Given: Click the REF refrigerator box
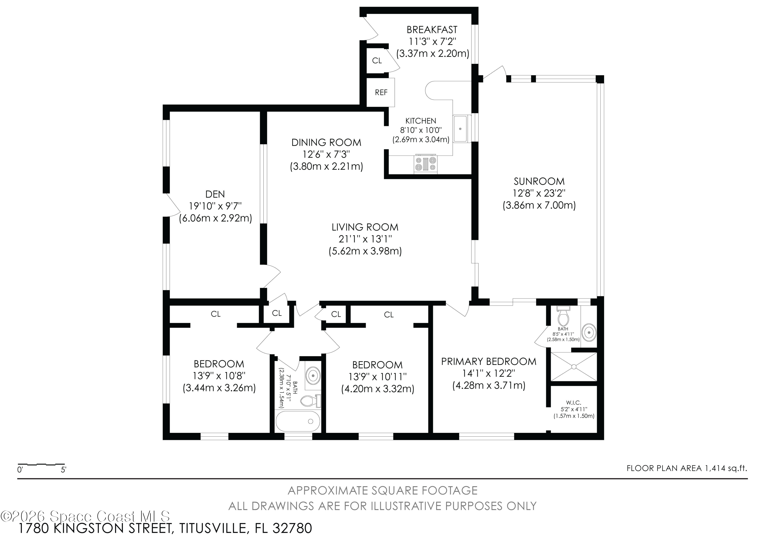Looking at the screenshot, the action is coord(380,92).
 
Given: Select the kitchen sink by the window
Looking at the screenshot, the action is coord(461,129).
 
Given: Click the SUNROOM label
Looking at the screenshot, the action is coord(539,181).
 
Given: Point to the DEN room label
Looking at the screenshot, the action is coord(215,194).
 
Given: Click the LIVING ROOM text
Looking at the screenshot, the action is coord(365,227).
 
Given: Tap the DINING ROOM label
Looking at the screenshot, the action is coord(326,143).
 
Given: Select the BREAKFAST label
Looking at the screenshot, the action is coord(432,30).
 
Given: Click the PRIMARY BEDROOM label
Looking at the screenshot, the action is coord(489,361).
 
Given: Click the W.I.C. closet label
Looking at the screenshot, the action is coord(574,403).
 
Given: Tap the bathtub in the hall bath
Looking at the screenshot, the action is coord(298,421).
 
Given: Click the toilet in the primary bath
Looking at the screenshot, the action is coord(563,316).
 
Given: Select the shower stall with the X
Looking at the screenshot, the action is coord(573,366).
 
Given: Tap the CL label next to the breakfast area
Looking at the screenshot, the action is coord(377,61).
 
